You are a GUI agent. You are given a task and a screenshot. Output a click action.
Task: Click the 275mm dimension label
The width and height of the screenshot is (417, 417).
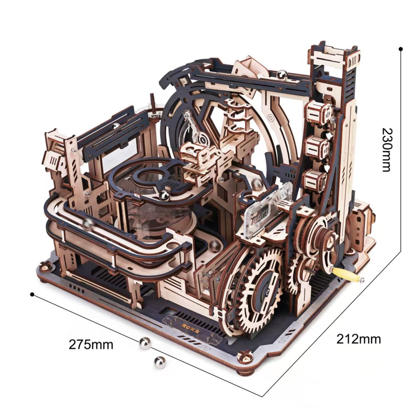91,345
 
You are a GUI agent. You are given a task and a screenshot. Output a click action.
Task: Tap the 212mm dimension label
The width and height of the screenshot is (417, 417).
359,339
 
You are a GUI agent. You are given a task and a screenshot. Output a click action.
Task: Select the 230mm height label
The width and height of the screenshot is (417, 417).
387,150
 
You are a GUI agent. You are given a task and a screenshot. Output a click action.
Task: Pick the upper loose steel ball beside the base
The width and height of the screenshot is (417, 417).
145,344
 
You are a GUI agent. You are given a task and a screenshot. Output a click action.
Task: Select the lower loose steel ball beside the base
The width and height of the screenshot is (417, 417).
160,362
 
